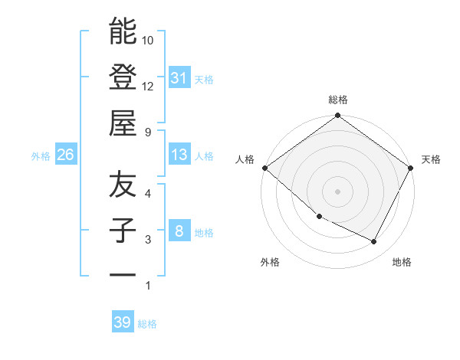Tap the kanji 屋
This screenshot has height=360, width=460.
(x=123, y=123)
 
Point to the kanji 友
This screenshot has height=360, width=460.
(x=123, y=185)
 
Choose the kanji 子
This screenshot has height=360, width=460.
(x=123, y=231)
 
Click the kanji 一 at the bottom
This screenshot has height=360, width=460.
(x=123, y=274)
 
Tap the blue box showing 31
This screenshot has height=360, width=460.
(x=179, y=78)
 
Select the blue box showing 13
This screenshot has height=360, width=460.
(x=179, y=155)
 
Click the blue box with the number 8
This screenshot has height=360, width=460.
(x=179, y=232)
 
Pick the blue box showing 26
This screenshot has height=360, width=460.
(x=65, y=155)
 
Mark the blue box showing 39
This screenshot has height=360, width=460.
(x=122, y=322)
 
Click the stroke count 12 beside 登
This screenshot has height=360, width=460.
(x=148, y=86)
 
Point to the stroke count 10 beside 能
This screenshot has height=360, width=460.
(x=148, y=40)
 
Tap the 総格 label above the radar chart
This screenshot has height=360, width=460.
(x=338, y=100)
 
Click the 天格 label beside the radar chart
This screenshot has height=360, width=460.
(x=432, y=159)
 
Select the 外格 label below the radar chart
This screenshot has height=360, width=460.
(x=270, y=263)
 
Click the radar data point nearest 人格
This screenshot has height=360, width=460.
(x=264, y=168)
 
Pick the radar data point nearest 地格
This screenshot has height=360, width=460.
(x=374, y=242)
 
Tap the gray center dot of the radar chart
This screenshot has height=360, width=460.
(x=338, y=191)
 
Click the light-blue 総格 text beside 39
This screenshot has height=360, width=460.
(x=147, y=324)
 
